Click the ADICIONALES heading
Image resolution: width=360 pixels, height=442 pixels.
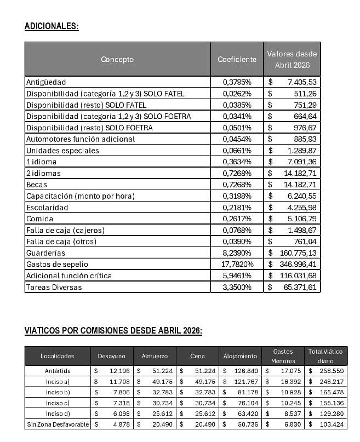point(52,26)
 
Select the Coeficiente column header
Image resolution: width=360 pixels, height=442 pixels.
point(237,59)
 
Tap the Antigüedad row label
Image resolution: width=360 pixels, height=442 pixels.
point(46,82)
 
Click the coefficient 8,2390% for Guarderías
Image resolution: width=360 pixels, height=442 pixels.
point(237,253)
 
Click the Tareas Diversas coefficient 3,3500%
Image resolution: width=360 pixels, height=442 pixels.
point(237,287)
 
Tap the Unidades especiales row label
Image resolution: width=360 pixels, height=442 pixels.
point(62,151)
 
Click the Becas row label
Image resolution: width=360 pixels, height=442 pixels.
point(37,185)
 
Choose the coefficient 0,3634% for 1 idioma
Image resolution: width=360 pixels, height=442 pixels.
point(237,162)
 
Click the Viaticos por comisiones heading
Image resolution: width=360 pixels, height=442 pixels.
point(113,331)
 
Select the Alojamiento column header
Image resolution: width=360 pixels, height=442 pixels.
point(240,356)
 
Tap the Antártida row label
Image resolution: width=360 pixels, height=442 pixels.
point(57,371)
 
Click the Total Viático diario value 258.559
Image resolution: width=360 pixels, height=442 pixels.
point(330,371)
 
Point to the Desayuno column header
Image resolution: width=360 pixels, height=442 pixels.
point(111,356)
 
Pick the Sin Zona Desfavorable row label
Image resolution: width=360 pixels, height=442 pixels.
point(57,424)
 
